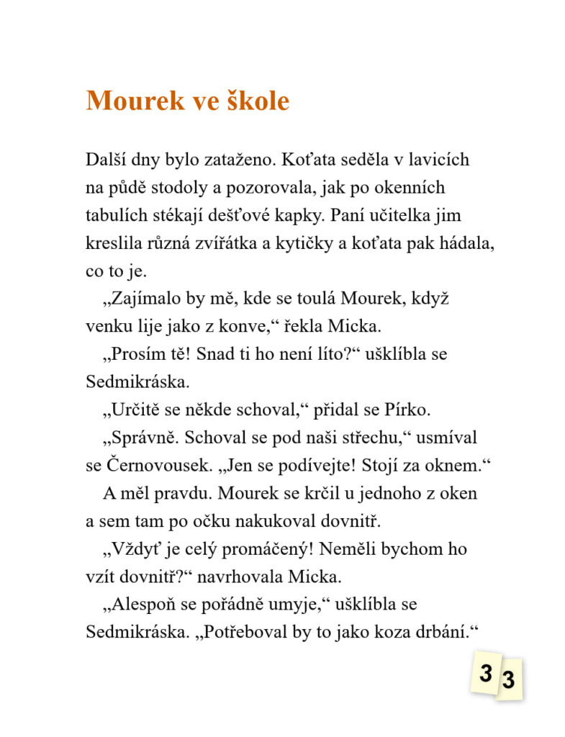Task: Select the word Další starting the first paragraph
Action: coord(104,159)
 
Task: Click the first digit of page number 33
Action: coord(486,674)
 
